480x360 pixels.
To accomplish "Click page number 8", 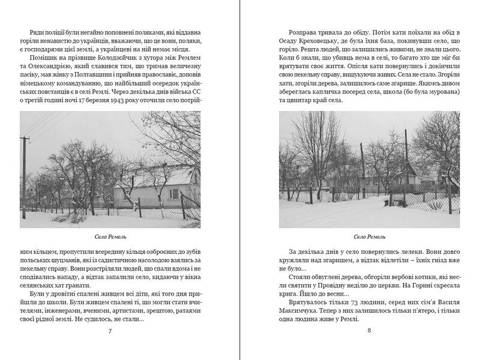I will point(369,330).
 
